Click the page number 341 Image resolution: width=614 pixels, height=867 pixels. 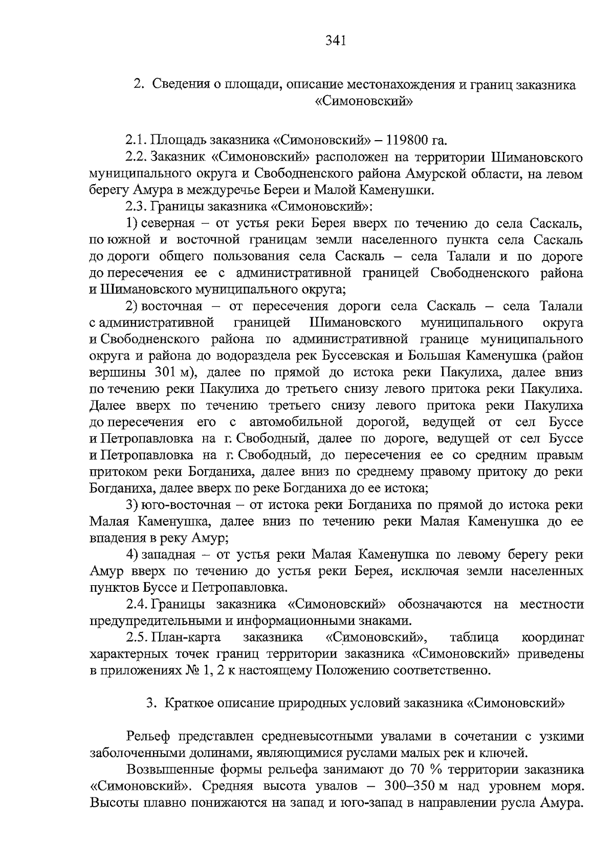point(336,40)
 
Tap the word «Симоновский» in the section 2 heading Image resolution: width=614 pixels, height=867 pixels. point(364,101)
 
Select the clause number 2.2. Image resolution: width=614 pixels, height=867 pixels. point(137,157)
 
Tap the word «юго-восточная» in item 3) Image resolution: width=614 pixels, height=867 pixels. point(191,505)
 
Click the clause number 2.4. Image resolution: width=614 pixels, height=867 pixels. point(137,604)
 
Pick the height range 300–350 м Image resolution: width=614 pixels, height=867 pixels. point(409,787)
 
